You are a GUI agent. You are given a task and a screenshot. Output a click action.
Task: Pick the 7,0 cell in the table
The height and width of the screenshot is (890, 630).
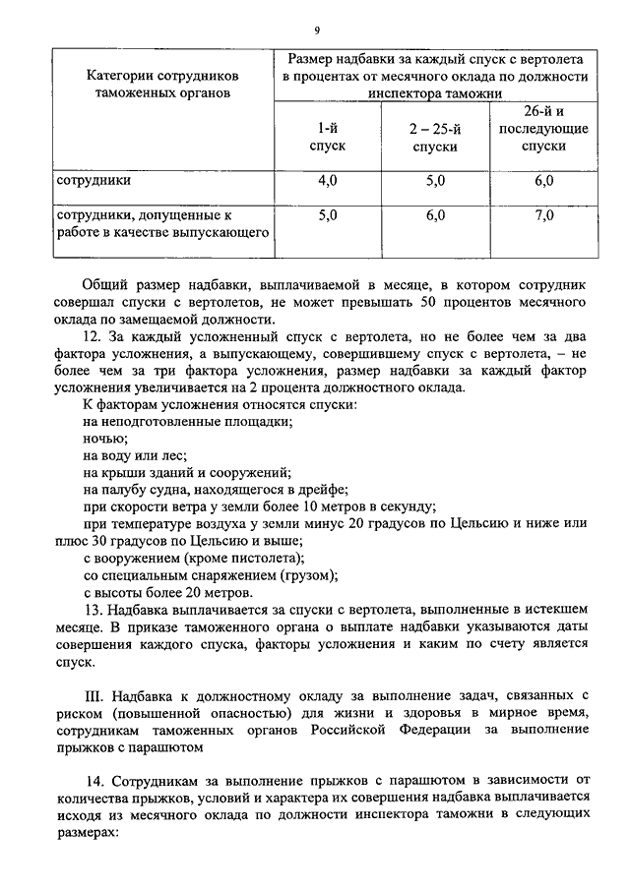coord(543,214)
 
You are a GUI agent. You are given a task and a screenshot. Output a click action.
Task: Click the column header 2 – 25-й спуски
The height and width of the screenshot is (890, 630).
coord(434,137)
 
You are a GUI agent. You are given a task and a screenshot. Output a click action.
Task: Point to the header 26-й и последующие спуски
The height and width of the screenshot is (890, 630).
coord(543,129)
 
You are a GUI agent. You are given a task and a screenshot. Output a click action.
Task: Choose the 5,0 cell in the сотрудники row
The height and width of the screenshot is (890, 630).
coord(434,181)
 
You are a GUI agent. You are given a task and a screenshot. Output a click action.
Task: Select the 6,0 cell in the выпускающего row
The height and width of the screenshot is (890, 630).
coord(434,214)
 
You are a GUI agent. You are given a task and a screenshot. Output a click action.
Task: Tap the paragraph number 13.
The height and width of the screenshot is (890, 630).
coord(92,611)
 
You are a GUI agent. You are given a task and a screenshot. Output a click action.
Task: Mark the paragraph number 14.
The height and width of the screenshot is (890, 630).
coord(92,781)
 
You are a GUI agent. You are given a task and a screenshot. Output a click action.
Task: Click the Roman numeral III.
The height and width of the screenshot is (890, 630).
coord(94,695)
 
